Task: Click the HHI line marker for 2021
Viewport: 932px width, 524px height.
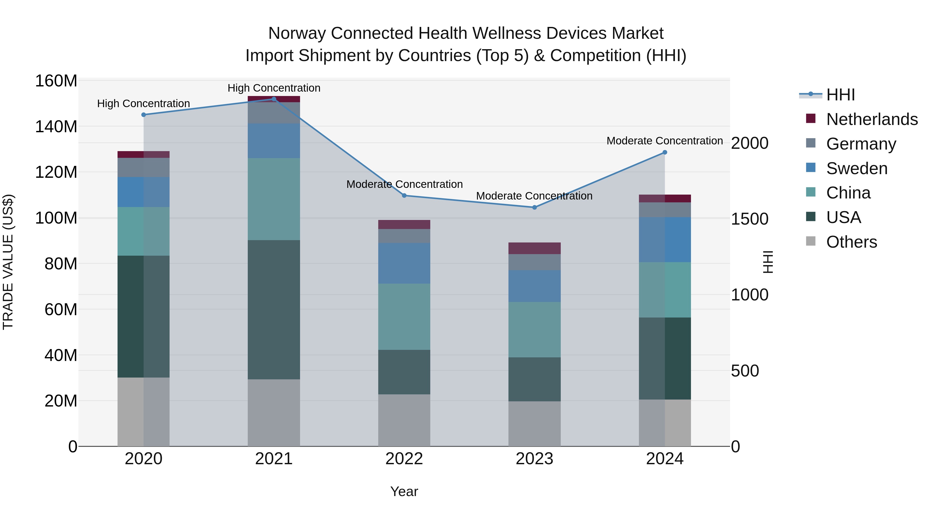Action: pyautogui.click(x=274, y=99)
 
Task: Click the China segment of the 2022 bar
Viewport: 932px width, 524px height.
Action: pyautogui.click(x=404, y=316)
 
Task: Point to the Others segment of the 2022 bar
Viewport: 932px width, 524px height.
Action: pyautogui.click(x=404, y=420)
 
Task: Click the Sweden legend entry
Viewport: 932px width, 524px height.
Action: pyautogui.click(x=856, y=168)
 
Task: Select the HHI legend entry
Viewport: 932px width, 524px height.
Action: pyautogui.click(x=840, y=95)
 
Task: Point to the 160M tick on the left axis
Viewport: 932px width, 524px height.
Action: pyautogui.click(x=56, y=81)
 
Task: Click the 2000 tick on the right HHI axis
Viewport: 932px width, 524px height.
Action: pyautogui.click(x=750, y=143)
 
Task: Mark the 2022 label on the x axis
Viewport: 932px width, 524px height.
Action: pyautogui.click(x=404, y=459)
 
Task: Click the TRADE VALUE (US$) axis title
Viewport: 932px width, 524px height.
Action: pyautogui.click(x=8, y=262)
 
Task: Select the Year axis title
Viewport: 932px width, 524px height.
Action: pyautogui.click(x=404, y=491)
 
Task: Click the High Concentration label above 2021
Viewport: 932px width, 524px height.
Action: pyautogui.click(x=274, y=88)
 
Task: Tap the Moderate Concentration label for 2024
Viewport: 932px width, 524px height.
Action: pyautogui.click(x=665, y=141)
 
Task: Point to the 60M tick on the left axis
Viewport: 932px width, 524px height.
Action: pyautogui.click(x=61, y=309)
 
